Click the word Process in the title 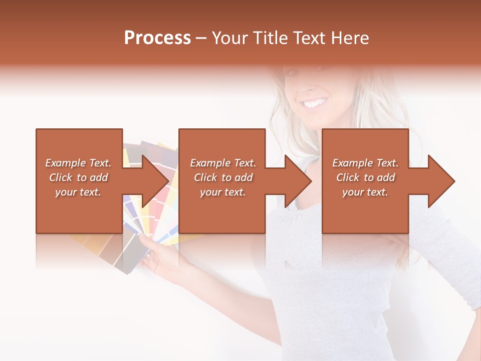pos(157,38)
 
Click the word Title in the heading pos(271,38)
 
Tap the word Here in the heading pos(350,38)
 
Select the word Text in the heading pos(310,38)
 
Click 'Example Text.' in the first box pos(79,163)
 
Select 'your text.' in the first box pos(79,192)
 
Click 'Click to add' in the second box pos(223,177)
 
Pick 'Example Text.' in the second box pos(223,163)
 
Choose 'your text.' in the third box pos(365,192)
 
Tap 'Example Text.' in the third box pos(365,163)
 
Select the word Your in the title pos(229,38)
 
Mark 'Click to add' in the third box pos(365,177)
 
